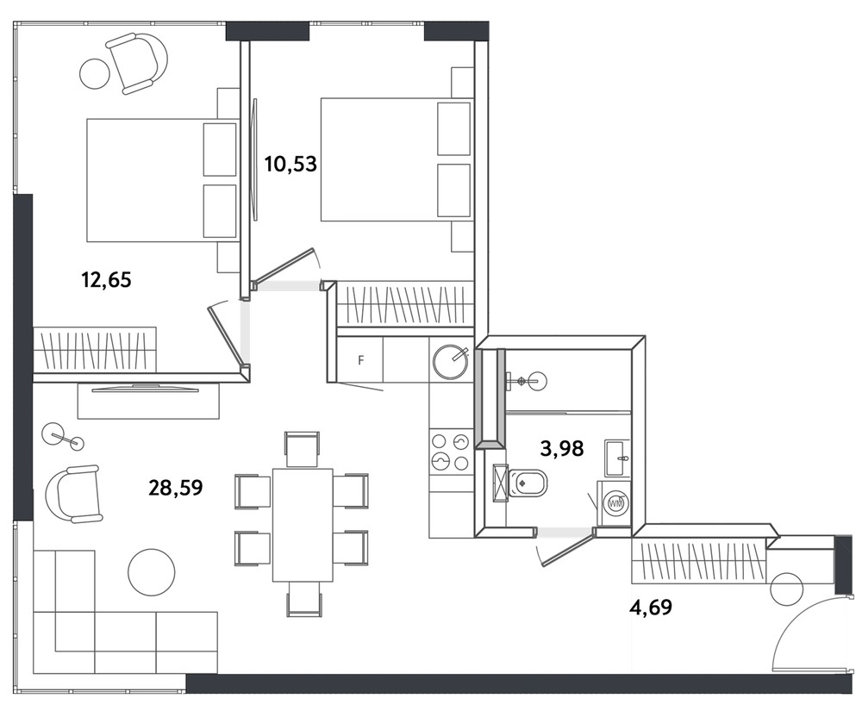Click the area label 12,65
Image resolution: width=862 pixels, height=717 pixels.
coord(107,280)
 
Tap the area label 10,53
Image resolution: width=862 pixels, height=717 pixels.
coord(290,164)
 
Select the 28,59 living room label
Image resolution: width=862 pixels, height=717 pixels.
coord(176,488)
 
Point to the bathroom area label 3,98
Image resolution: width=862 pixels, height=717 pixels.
coord(562,449)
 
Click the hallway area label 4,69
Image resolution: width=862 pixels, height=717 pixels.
coord(650,607)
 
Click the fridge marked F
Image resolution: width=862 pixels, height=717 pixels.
coord(360,360)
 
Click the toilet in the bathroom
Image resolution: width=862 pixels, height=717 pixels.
coord(528,482)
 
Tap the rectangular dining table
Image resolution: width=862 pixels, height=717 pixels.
coord(303,525)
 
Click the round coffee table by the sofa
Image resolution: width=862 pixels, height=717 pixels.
coord(151,571)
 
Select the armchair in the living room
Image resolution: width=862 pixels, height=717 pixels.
coord(73,494)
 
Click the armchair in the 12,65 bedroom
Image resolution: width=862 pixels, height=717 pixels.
coord(137,63)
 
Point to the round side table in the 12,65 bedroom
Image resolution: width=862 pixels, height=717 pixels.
coord(95,73)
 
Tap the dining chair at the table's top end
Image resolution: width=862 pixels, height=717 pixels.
coord(302,450)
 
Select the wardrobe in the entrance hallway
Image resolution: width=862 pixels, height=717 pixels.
coord(698,562)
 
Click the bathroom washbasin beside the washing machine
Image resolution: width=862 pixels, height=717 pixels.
coord(618,458)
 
